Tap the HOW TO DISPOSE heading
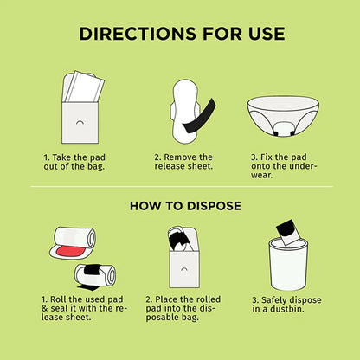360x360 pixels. pos(185,206)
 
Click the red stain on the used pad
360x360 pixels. pos(71,252)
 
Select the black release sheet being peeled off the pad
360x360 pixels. pos(199,116)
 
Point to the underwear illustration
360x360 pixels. pos(283,116)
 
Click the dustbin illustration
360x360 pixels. pos(288,265)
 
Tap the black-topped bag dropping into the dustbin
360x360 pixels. pos(289,232)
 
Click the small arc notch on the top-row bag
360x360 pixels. pos(80,122)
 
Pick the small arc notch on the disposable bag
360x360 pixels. pos(183,269)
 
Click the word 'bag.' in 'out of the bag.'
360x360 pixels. pos(96,166)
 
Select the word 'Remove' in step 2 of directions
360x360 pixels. pos(179,157)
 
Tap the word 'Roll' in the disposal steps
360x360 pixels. pos(58,299)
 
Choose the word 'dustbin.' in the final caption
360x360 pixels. pos(287,309)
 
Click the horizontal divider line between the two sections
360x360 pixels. pos(182,187)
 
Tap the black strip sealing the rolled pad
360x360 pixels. pos(92,270)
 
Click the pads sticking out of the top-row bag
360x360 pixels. pos(84,87)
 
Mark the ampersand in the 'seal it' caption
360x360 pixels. pos(45,308)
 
